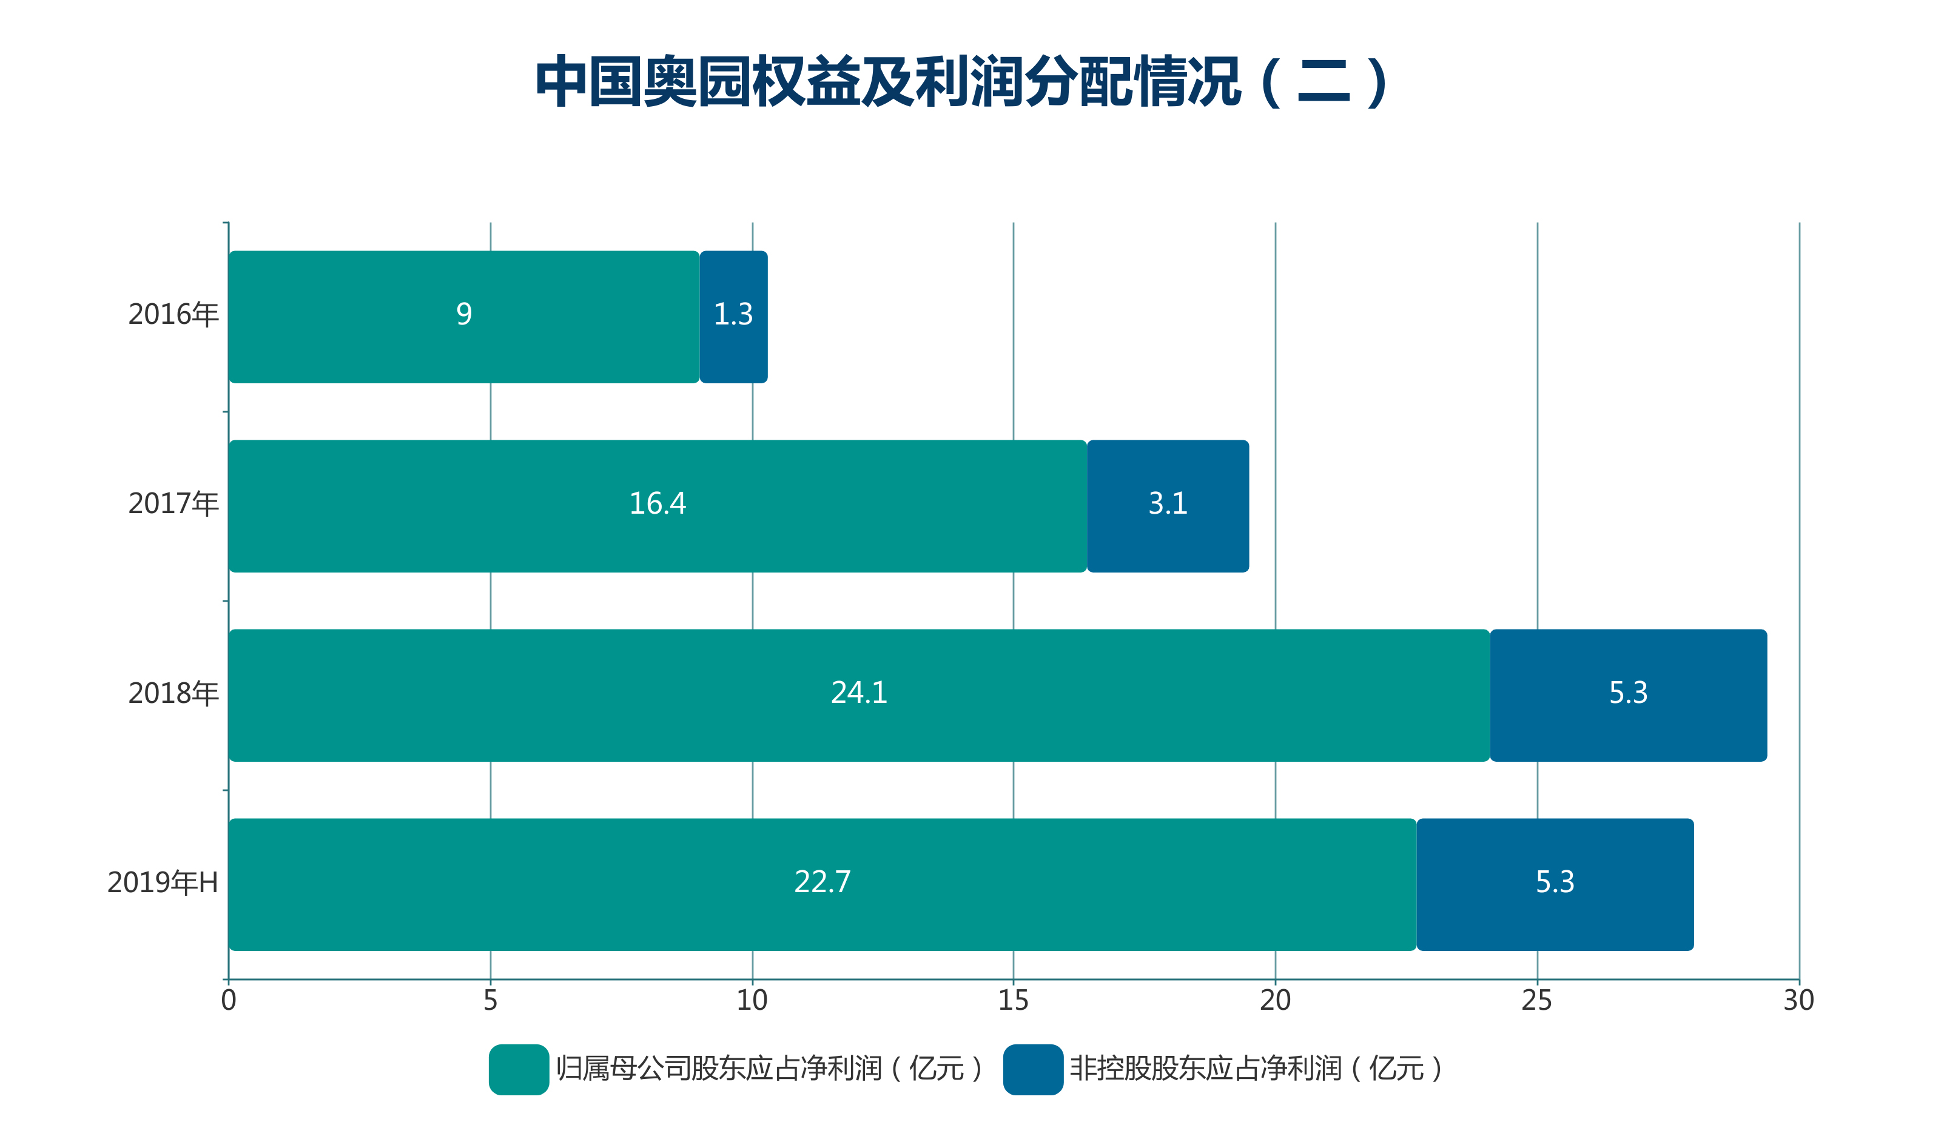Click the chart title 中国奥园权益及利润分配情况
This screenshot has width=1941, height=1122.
pos(962,82)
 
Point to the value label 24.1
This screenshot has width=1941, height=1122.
pos(859,692)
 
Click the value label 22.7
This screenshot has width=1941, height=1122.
pos(822,882)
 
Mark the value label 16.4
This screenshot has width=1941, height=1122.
pos(657,503)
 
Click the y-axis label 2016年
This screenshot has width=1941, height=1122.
pos(173,314)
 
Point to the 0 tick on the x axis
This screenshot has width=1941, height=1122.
pos(229,1000)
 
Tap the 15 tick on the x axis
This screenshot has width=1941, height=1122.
pos(1013,1000)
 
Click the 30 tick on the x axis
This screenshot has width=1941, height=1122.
pos(1798,1000)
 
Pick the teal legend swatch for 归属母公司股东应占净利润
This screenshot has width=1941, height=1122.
pos(519,1069)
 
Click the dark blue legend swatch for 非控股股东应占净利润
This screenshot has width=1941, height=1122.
pos(1033,1069)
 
